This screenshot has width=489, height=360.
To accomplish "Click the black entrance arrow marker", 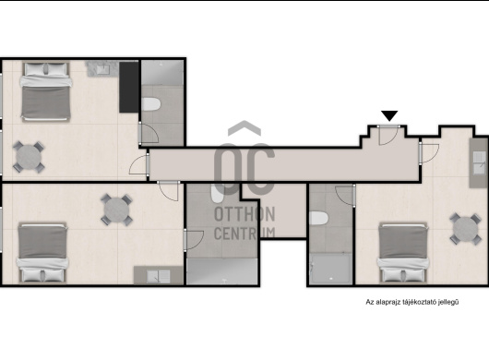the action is pyautogui.click(x=389, y=115).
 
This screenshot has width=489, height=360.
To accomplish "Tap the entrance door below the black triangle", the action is pyautogui.click(x=388, y=135).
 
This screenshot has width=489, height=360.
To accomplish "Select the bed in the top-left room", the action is pyautogui.click(x=46, y=91).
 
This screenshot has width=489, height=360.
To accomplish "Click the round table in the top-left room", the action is pyautogui.click(x=29, y=157).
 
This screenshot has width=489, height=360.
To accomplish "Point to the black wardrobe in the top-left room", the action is pyautogui.click(x=128, y=87).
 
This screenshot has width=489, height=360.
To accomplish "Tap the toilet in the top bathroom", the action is pyautogui.click(x=151, y=104).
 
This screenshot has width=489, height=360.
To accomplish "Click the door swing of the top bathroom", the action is pyautogui.click(x=149, y=133).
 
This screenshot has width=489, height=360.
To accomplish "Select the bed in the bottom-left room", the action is pyautogui.click(x=42, y=253).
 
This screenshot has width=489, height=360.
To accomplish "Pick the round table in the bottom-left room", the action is pyautogui.click(x=116, y=210).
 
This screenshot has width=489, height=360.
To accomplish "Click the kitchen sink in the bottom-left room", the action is pyautogui.click(x=159, y=276).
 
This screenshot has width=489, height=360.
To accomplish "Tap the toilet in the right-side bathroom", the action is pyautogui.click(x=319, y=218).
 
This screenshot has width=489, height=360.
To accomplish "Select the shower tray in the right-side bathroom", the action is pyautogui.click(x=330, y=269).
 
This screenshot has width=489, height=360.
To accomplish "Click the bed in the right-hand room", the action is pyautogui.click(x=403, y=253).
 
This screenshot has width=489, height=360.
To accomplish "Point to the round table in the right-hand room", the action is pyautogui.click(x=466, y=229).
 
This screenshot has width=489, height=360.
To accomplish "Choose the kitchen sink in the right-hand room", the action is pyautogui.click(x=480, y=162).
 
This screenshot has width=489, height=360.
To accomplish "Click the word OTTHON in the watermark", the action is pyautogui.click(x=244, y=214).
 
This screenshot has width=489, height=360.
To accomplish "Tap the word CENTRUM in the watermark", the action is pyautogui.click(x=244, y=234).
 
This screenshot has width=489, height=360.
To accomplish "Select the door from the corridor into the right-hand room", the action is pyautogui.click(x=429, y=153).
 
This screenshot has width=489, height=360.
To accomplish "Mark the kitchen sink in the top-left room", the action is pyautogui.click(x=103, y=69).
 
